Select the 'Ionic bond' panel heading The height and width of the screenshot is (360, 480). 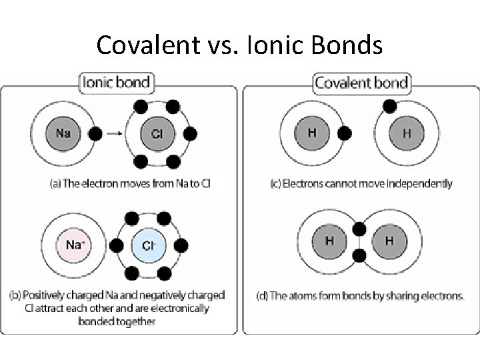pos(117,83)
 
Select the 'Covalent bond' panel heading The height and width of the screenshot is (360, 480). pos(361,83)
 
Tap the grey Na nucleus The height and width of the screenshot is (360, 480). pos(64,133)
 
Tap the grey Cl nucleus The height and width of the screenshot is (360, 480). pos(157,134)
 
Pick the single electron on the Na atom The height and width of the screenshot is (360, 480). pos(95,134)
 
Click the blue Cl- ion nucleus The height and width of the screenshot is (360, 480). pos(149,245)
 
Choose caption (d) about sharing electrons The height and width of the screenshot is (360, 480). pos(361,295)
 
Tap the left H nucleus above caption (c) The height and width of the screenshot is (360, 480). pos(312,132)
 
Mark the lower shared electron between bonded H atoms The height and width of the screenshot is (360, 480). pos(359,256)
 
